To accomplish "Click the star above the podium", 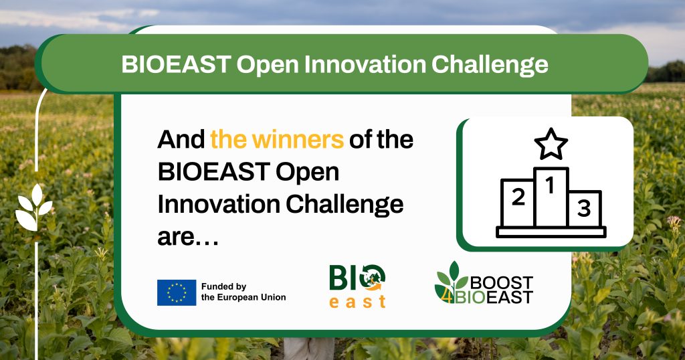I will (x=551, y=144).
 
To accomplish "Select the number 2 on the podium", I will (x=517, y=197).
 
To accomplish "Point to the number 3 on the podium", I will (x=584, y=209).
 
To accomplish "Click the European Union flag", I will (x=177, y=292).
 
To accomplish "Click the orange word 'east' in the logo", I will (x=358, y=301).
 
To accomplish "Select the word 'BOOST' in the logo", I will (x=501, y=282).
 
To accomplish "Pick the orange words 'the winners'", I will (x=277, y=140).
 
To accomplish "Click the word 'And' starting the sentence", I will (x=181, y=140).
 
